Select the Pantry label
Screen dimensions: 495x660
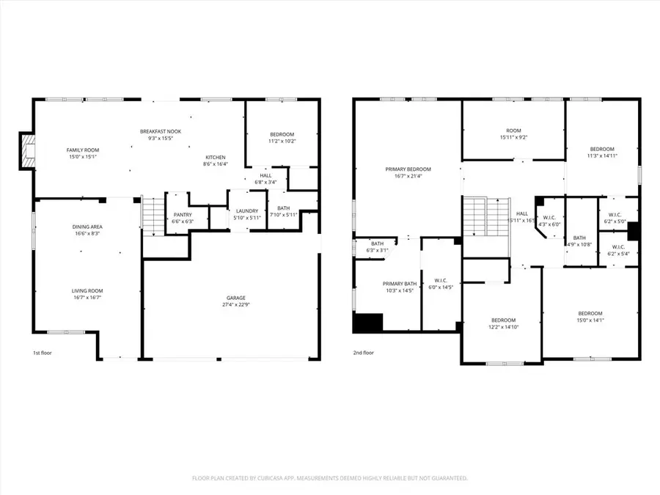(x=183, y=215)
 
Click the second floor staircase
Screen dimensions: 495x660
(x=477, y=216)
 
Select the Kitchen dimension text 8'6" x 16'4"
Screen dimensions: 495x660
(x=216, y=164)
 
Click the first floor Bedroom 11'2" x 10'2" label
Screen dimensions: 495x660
(x=282, y=134)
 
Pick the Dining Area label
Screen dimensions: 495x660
(x=87, y=227)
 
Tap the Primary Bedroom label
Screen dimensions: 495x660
(x=408, y=169)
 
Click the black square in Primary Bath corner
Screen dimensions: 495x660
(x=368, y=322)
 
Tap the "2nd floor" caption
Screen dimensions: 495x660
(x=364, y=353)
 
